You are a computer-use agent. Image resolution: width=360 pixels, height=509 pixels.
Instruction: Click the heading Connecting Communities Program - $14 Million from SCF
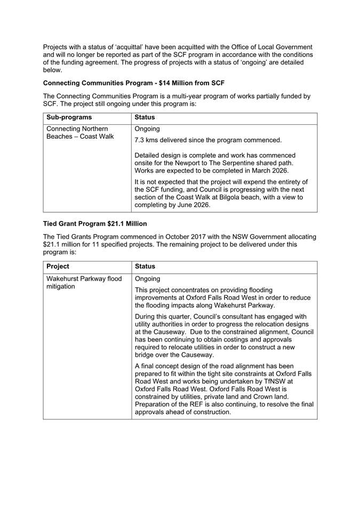pos(133,83)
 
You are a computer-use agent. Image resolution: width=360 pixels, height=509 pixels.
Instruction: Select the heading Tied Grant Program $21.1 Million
pos(95,224)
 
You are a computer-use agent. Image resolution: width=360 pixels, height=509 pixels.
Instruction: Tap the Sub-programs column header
pos(69,117)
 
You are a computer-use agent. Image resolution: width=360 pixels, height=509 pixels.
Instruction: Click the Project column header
pos(58,266)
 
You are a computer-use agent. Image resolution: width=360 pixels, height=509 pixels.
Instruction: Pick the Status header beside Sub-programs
pos(145,117)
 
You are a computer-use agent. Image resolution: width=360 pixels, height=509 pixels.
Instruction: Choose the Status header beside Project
pos(145,266)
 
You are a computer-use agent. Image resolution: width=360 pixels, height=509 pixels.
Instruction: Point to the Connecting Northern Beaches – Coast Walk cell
pos(80,133)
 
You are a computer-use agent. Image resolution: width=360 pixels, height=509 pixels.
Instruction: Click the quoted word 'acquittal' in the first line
pos(149,47)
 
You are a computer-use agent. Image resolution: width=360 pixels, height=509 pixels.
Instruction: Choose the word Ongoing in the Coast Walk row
pos(147,129)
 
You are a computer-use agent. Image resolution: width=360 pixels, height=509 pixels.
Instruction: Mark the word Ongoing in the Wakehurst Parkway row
pos(147,279)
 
